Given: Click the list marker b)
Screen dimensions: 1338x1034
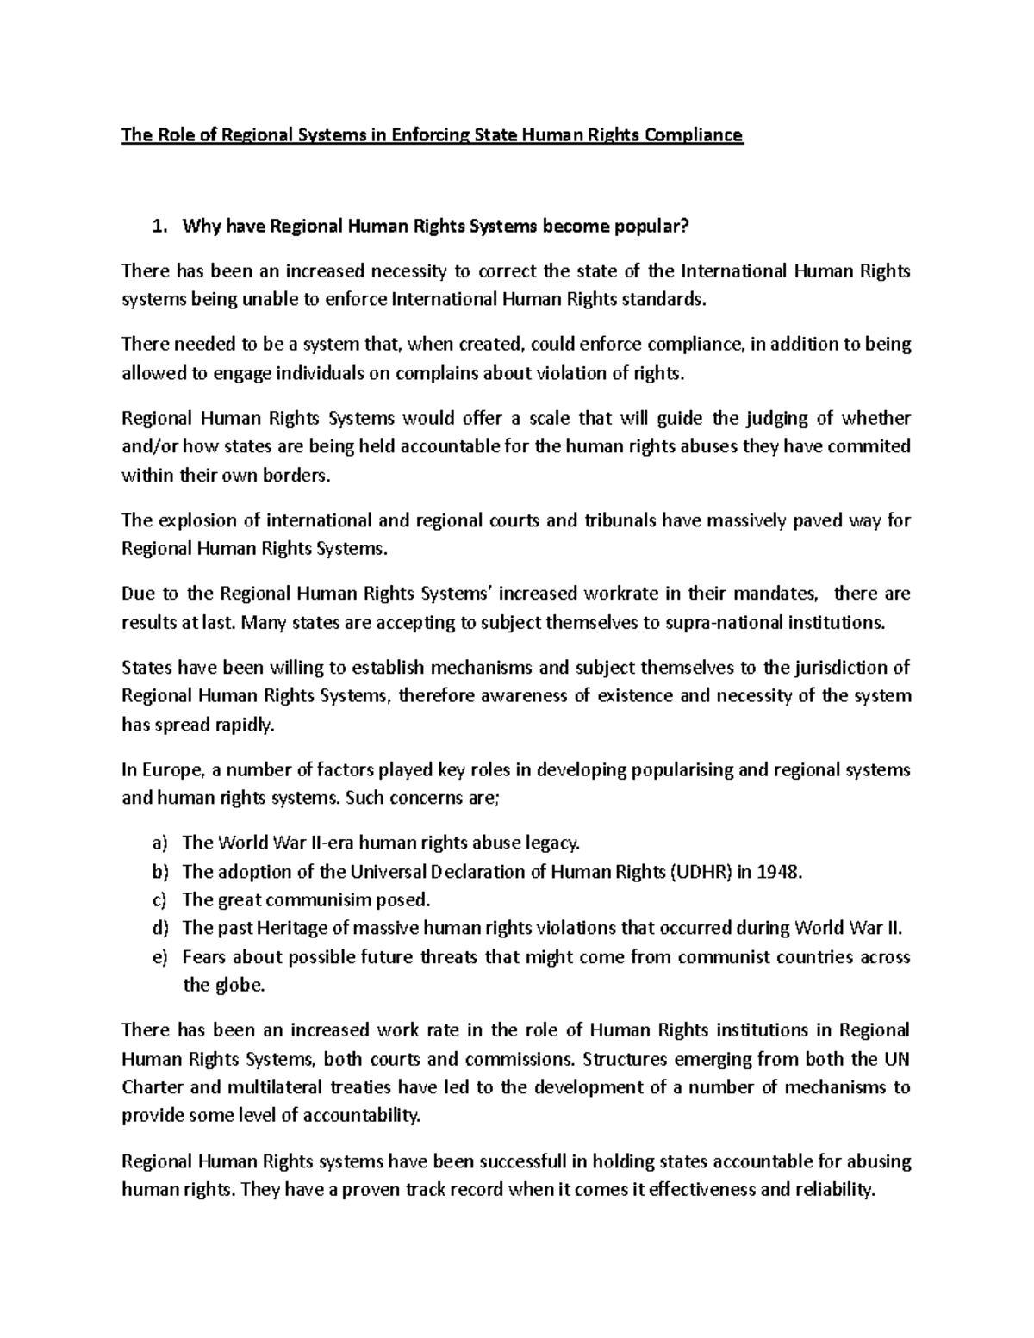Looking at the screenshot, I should click(161, 871).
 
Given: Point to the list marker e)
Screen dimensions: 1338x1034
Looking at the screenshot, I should click(161, 956).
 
